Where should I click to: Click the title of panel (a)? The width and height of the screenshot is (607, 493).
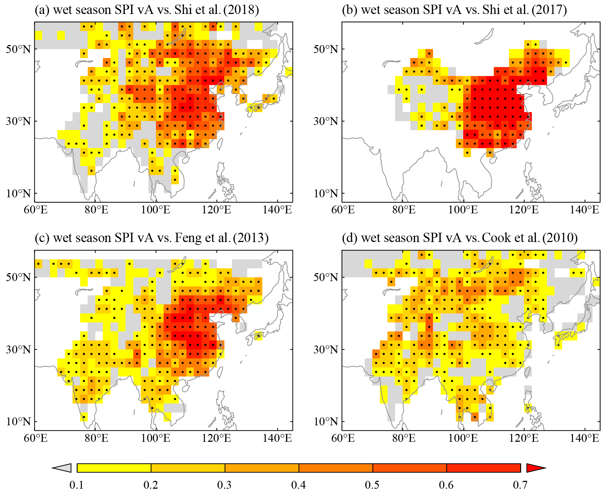[147, 10]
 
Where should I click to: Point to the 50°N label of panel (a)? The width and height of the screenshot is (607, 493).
[18, 49]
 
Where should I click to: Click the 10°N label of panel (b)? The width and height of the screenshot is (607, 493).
[326, 194]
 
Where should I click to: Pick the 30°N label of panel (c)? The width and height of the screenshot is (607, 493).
[18, 350]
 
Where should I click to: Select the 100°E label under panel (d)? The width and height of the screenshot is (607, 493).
[463, 438]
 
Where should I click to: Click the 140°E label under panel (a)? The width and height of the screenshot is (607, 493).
[277, 209]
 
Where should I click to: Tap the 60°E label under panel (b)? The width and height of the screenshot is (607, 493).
[343, 209]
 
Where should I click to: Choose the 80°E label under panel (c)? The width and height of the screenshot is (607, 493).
[96, 438]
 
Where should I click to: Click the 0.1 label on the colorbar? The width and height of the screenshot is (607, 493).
[77, 485]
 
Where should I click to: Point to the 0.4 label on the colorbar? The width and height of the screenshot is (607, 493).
[298, 485]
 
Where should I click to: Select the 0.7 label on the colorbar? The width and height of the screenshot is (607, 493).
[520, 485]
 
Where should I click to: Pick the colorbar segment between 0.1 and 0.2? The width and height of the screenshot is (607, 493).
[114, 468]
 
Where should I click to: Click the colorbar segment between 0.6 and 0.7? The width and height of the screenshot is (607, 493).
[484, 468]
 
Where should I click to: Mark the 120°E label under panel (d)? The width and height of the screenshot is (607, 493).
[524, 438]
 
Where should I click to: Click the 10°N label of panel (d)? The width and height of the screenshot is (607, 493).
[326, 422]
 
